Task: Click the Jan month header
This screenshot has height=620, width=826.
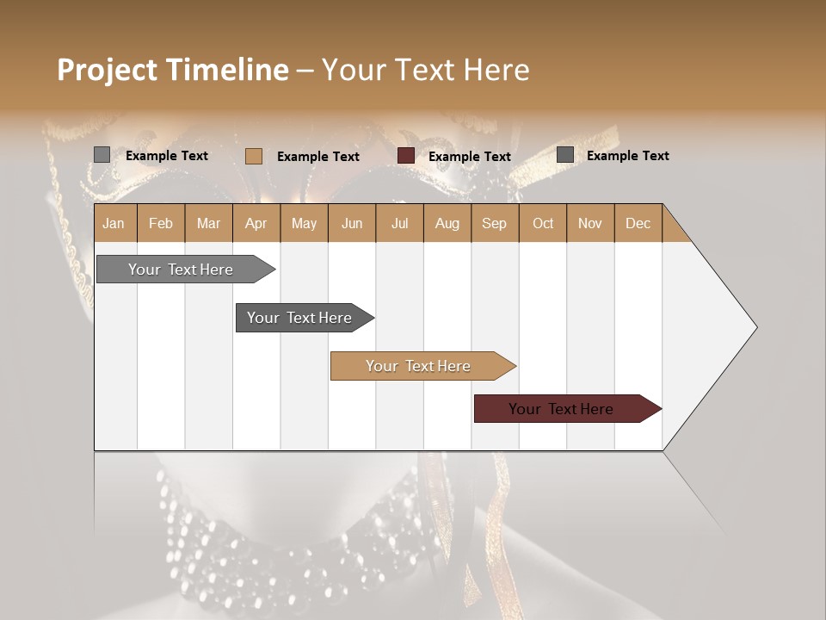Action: coord(114,223)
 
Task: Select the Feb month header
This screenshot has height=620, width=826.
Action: coord(161,223)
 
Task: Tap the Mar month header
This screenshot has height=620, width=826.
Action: coord(208,223)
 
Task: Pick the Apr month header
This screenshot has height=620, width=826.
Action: coord(256,223)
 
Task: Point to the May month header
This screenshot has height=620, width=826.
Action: coord(304,223)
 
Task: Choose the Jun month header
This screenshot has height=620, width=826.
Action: coord(352,223)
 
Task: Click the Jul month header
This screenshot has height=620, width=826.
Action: coord(399,223)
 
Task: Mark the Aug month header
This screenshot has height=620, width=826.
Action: coord(447,223)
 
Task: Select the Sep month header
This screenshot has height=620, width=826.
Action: coord(495,223)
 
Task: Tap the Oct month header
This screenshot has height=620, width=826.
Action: coord(543,223)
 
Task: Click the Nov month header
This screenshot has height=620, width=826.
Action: coord(590,223)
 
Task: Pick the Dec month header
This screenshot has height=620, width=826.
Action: coord(638,223)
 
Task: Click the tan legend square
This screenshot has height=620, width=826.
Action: coord(254,156)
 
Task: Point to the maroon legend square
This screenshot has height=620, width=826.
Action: coord(406,156)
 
